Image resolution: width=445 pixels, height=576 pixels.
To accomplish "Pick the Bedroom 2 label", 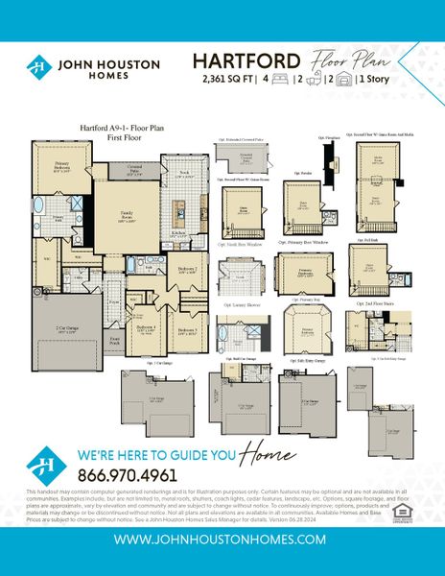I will coord(188,269).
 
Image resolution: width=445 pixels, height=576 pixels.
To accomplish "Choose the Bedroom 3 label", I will coord(188,331).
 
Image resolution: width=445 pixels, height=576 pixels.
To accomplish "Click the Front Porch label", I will coord(115,339).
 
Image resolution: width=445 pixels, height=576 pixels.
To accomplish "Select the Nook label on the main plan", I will coord(184,172).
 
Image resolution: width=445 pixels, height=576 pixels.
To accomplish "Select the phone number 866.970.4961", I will coord(128,475).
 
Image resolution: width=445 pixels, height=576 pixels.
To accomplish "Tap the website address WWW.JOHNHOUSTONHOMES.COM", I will coord(222,540).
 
